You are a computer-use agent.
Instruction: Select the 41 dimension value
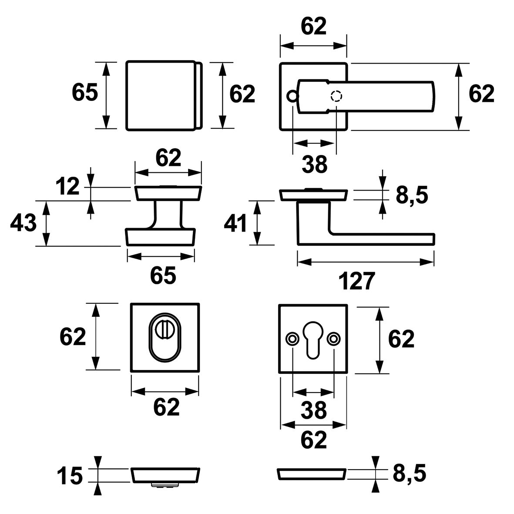[x=235, y=224]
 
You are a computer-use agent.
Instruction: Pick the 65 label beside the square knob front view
[x=85, y=93]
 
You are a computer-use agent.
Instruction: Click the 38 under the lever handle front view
[x=314, y=165]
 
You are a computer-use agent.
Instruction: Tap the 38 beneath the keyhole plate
[x=314, y=410]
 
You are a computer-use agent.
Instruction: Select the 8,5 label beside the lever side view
[x=412, y=195]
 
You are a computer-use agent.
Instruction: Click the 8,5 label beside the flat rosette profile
[x=409, y=474]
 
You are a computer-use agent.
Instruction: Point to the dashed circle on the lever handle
[x=336, y=96]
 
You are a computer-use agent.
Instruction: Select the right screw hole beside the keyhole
[x=334, y=338]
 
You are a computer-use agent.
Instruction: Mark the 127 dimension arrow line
[x=366, y=262]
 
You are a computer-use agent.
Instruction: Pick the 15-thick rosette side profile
[x=165, y=475]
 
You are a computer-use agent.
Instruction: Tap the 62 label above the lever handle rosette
[x=313, y=27]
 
